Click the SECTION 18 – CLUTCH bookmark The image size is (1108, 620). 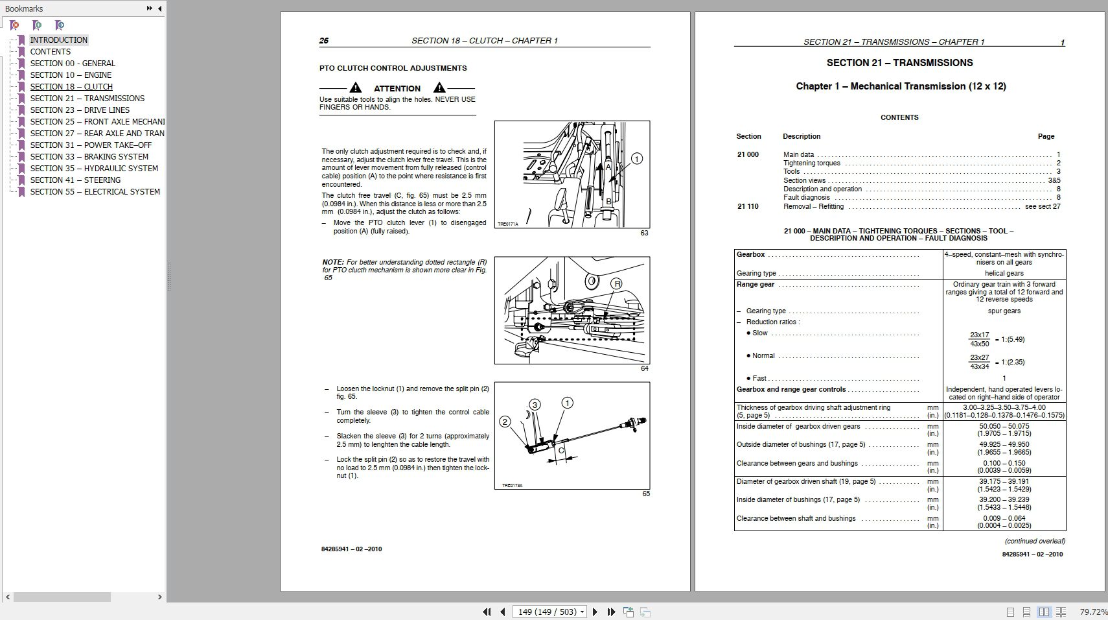tap(71, 86)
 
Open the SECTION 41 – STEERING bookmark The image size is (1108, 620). tap(75, 180)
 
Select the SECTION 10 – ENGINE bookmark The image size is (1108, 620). tap(71, 75)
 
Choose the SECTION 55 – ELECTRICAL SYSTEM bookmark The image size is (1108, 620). tap(95, 191)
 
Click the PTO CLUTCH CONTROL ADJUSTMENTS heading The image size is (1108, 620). tap(393, 68)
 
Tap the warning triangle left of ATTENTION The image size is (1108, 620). tap(355, 88)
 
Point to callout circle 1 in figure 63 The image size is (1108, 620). tap(637, 159)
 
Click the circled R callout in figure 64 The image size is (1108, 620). tap(617, 283)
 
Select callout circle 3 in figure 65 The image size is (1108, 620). tap(535, 405)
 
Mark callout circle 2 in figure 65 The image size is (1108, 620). tap(505, 422)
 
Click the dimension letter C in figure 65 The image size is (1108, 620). tap(561, 450)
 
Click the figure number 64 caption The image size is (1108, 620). tap(644, 368)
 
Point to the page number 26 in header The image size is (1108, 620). tap(324, 41)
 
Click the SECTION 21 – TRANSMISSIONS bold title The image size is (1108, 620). tap(899, 63)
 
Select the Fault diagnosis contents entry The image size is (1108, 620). tap(806, 197)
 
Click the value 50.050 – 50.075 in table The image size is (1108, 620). tap(1004, 426)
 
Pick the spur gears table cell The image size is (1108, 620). tap(1004, 311)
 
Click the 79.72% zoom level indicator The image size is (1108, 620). tap(1093, 612)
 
